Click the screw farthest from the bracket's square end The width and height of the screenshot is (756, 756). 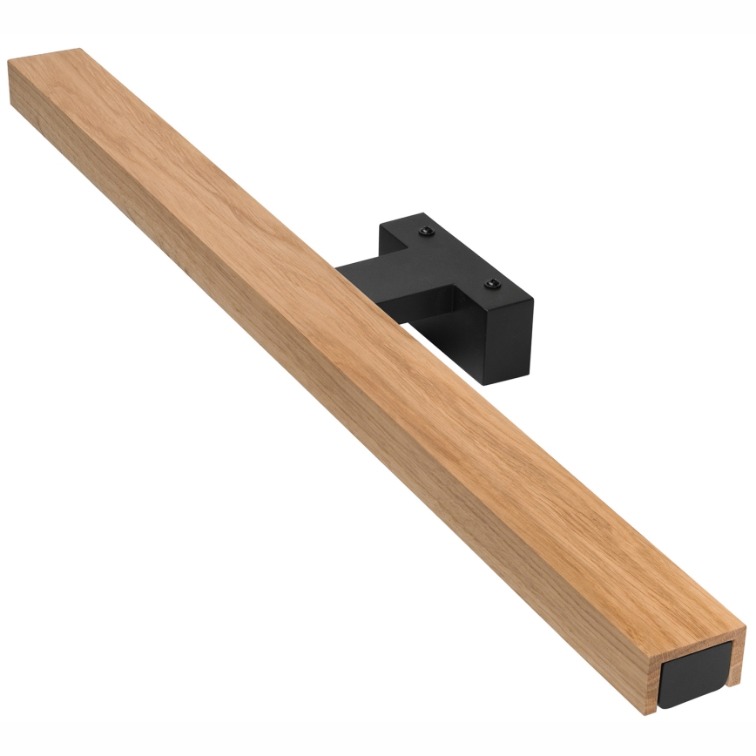[x=425, y=230]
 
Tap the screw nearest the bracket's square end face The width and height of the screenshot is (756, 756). [x=491, y=284]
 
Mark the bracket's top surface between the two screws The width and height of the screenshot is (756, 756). [x=456, y=257]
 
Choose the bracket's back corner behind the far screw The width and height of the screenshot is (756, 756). [x=381, y=227]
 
